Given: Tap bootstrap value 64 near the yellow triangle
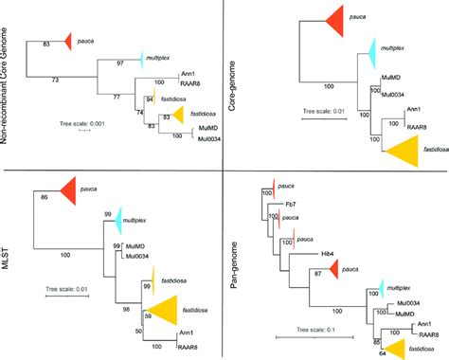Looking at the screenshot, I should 382,354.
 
